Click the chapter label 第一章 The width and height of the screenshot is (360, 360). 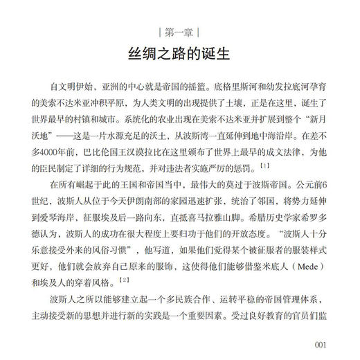pyautogui.click(x=179, y=31)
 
